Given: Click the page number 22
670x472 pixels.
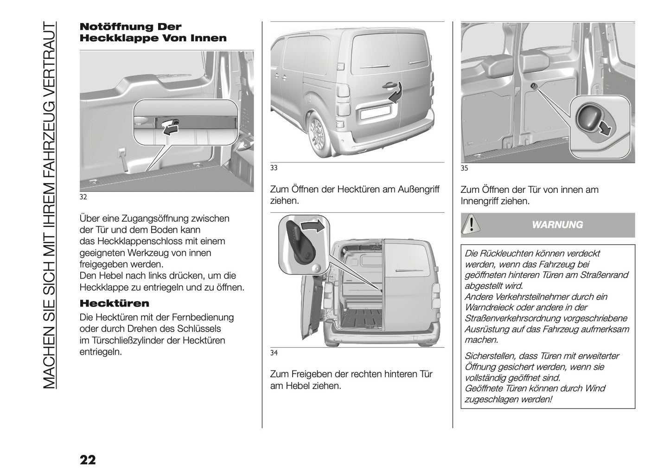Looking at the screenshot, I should (x=88, y=460).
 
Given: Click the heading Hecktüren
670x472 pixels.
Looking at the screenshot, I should (x=115, y=304).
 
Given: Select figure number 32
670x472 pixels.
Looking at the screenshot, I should (x=83, y=197).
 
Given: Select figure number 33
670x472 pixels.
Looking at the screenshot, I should (x=274, y=168).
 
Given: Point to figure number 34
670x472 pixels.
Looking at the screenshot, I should (x=274, y=353).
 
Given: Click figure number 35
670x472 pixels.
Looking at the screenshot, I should (x=464, y=169).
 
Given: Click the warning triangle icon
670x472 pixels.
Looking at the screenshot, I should (x=471, y=224).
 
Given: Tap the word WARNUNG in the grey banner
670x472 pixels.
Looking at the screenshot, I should (x=557, y=225).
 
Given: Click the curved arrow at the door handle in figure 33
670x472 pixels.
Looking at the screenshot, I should (x=395, y=96).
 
